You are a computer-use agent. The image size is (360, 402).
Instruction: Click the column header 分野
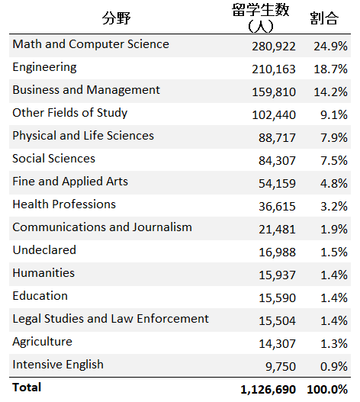[117, 18]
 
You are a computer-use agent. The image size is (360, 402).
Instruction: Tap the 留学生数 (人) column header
[261, 18]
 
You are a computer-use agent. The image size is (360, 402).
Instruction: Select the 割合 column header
[324, 18]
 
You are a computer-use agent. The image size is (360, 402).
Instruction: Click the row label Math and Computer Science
[91, 44]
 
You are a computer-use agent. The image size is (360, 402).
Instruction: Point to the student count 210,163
[274, 69]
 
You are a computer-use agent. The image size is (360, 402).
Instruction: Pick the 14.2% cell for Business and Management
[330, 92]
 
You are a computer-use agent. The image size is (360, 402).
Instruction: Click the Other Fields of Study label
[69, 113]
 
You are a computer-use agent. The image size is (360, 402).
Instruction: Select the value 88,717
[277, 137]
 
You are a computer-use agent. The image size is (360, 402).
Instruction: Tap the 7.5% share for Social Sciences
[334, 160]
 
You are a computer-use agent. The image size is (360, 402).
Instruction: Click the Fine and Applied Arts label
[70, 182]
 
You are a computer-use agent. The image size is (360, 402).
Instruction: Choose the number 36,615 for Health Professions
[277, 207]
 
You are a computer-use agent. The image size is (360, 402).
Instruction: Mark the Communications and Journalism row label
[102, 227]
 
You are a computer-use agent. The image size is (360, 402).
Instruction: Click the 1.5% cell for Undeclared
[334, 252]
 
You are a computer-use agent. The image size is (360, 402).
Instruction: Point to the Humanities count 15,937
[277, 275]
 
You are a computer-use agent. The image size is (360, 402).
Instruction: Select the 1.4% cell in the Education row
[334, 297]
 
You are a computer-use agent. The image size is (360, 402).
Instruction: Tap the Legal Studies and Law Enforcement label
[111, 319]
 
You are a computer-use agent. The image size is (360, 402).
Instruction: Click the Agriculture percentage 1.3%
[334, 343]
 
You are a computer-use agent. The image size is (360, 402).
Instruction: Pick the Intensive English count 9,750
[280, 367]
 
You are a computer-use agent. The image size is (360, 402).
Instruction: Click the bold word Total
[27, 388]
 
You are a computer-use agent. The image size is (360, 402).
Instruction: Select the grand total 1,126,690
[268, 390]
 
